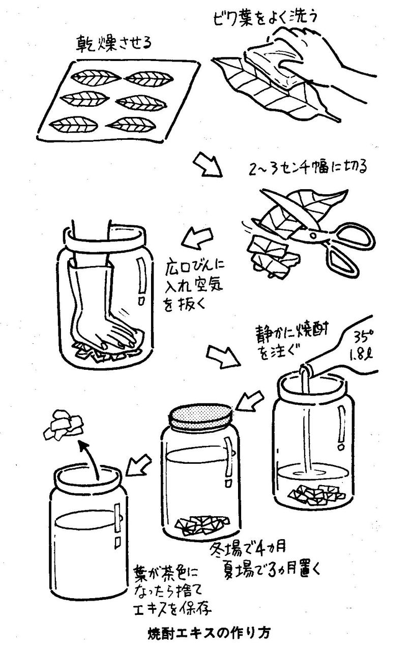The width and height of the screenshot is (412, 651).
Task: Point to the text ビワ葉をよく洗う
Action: pyautogui.click(x=264, y=18)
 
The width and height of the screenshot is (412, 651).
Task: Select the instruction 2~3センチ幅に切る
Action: pyautogui.click(x=307, y=168)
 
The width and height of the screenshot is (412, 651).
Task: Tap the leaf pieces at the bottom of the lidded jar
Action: pyautogui.click(x=203, y=525)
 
